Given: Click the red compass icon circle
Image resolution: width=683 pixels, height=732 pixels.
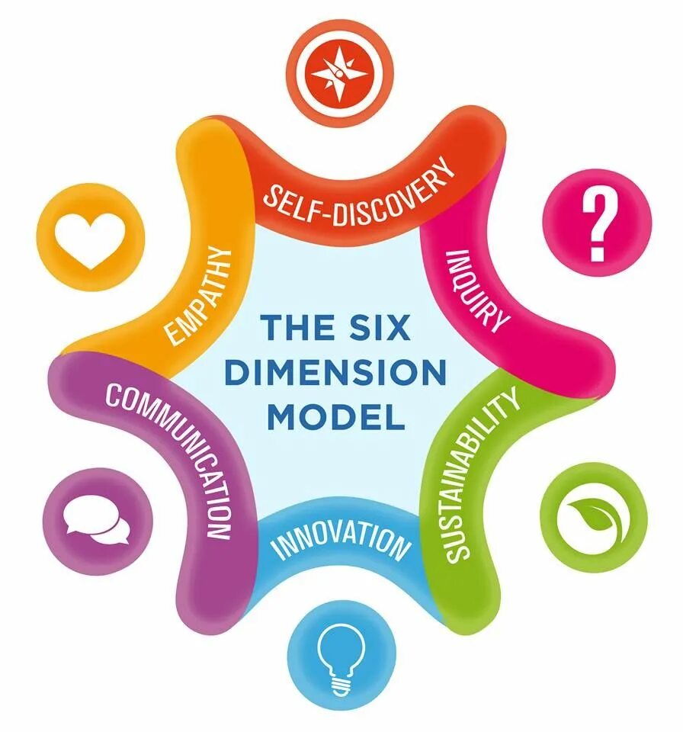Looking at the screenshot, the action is (x=342, y=72).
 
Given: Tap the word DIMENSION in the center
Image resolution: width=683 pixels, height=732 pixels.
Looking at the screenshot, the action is (x=336, y=374).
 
